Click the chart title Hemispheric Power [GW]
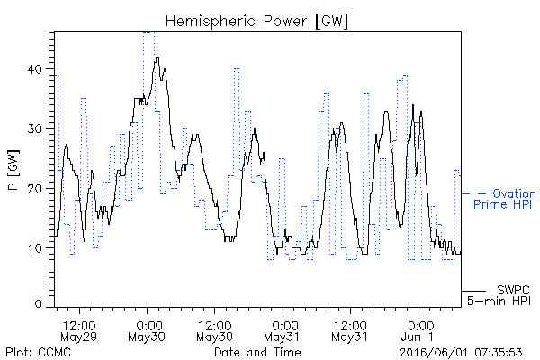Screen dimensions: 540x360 256,22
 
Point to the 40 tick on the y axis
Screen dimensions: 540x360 35,69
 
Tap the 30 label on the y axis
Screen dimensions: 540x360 35,129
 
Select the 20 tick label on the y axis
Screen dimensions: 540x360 35,188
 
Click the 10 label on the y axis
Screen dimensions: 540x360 35,248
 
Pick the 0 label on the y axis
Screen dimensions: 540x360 39,303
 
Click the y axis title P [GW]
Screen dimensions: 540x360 13,170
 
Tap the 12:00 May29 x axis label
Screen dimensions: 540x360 79,331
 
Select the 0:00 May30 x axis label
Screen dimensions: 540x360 147,331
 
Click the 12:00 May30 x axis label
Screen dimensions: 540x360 214,331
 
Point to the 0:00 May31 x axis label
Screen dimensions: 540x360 283,331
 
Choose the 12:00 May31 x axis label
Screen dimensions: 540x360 350,331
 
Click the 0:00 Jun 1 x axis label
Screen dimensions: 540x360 418,331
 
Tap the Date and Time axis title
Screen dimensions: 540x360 257,352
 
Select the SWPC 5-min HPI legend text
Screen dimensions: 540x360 499,295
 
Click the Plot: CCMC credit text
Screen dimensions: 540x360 38,352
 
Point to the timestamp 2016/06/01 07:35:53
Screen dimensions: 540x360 461,353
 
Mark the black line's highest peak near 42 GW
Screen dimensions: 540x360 157,58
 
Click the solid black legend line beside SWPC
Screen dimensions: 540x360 473,291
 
